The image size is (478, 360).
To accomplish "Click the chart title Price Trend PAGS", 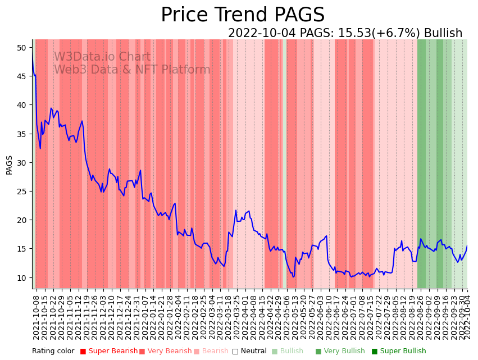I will tap(243, 15).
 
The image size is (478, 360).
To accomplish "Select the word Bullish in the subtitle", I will tap(443, 34).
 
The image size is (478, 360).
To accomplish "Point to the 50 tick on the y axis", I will tap(21, 48).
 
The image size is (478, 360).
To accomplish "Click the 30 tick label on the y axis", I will tap(21, 163).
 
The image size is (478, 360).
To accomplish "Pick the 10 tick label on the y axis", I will tap(21, 277).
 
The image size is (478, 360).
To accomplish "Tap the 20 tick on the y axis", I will tap(21, 220).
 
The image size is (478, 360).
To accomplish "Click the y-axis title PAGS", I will tap(9, 165).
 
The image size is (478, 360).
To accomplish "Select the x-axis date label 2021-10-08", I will tap(37, 317).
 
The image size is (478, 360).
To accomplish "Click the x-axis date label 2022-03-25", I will tap(236, 317).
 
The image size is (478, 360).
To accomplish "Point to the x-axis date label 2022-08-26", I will tap(420, 317).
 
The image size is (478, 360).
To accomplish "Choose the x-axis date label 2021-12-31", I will tap(138, 317).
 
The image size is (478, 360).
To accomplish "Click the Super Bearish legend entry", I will tap(109, 352).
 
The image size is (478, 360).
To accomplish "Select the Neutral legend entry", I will tap(250, 352).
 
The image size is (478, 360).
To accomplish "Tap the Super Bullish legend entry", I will tap(399, 352).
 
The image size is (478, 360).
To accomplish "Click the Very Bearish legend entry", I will tap(166, 352).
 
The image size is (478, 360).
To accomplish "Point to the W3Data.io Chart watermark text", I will tap(102, 57).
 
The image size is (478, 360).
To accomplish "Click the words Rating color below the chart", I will tap(53, 352).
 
